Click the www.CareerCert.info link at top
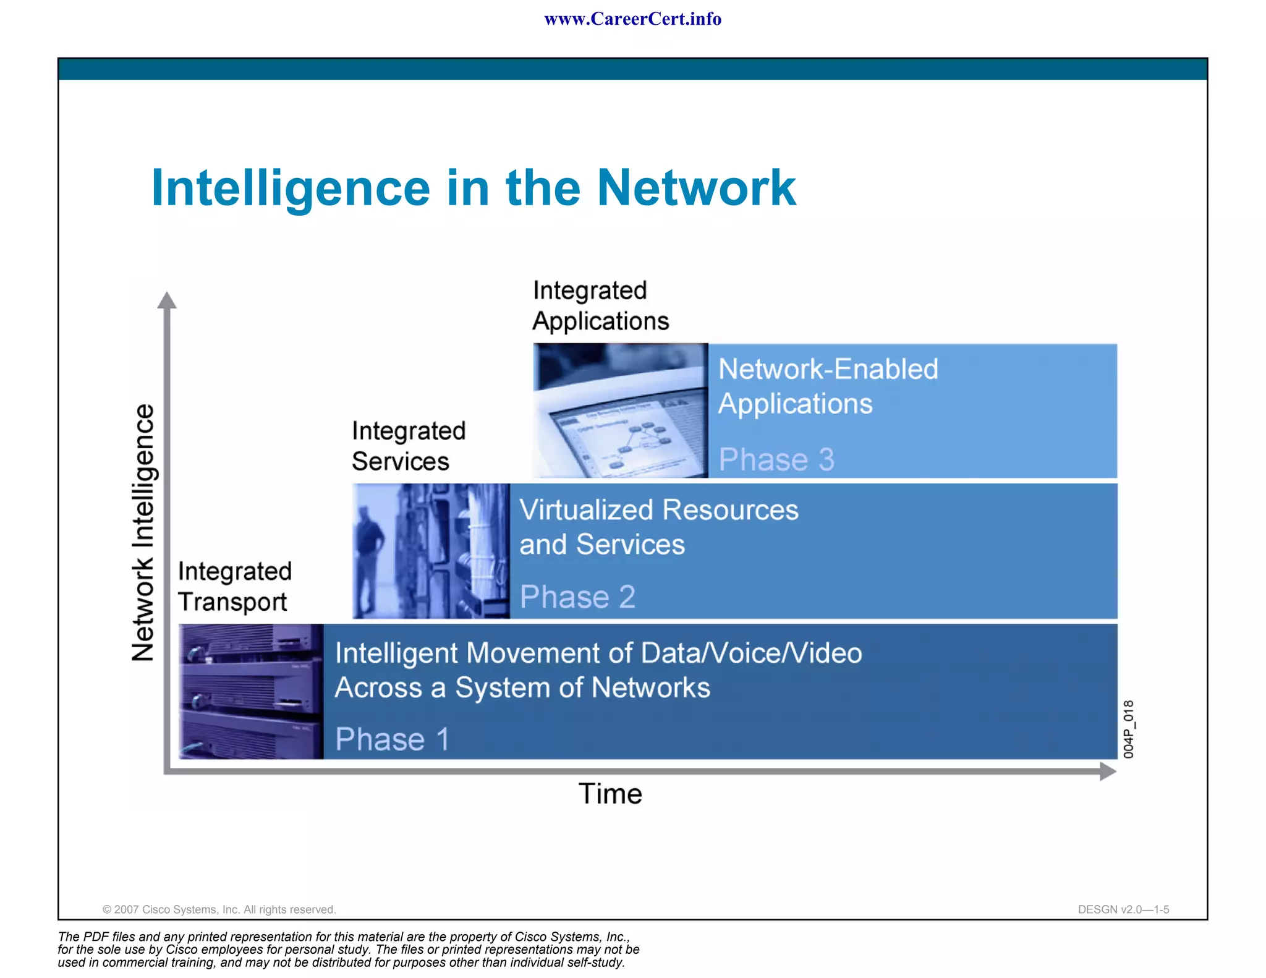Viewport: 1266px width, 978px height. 632,19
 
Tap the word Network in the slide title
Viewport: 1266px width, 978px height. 696,188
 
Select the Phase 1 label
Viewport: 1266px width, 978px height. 392,739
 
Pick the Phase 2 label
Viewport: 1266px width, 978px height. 577,597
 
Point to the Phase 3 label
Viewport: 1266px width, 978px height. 776,459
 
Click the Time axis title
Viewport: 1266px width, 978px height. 610,794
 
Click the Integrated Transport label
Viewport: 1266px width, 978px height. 234,586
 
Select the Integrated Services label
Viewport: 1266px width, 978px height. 408,446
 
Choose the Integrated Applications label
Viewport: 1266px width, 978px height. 600,305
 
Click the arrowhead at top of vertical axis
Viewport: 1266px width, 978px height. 166,300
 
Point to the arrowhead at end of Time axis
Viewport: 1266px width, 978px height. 1108,771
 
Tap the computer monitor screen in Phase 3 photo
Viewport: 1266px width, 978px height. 624,439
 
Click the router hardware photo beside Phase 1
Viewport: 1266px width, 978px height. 250,691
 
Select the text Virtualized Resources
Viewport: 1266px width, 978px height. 658,510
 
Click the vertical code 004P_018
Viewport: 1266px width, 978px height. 1128,729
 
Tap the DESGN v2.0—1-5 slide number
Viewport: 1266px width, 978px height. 1123,909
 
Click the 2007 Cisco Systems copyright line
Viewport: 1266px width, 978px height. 219,909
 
